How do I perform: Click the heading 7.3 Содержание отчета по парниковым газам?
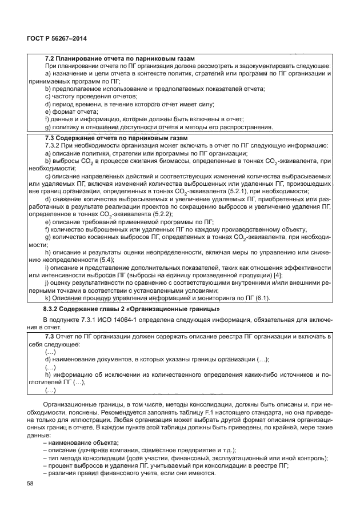click(117, 138)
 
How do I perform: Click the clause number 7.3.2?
click(53, 146)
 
